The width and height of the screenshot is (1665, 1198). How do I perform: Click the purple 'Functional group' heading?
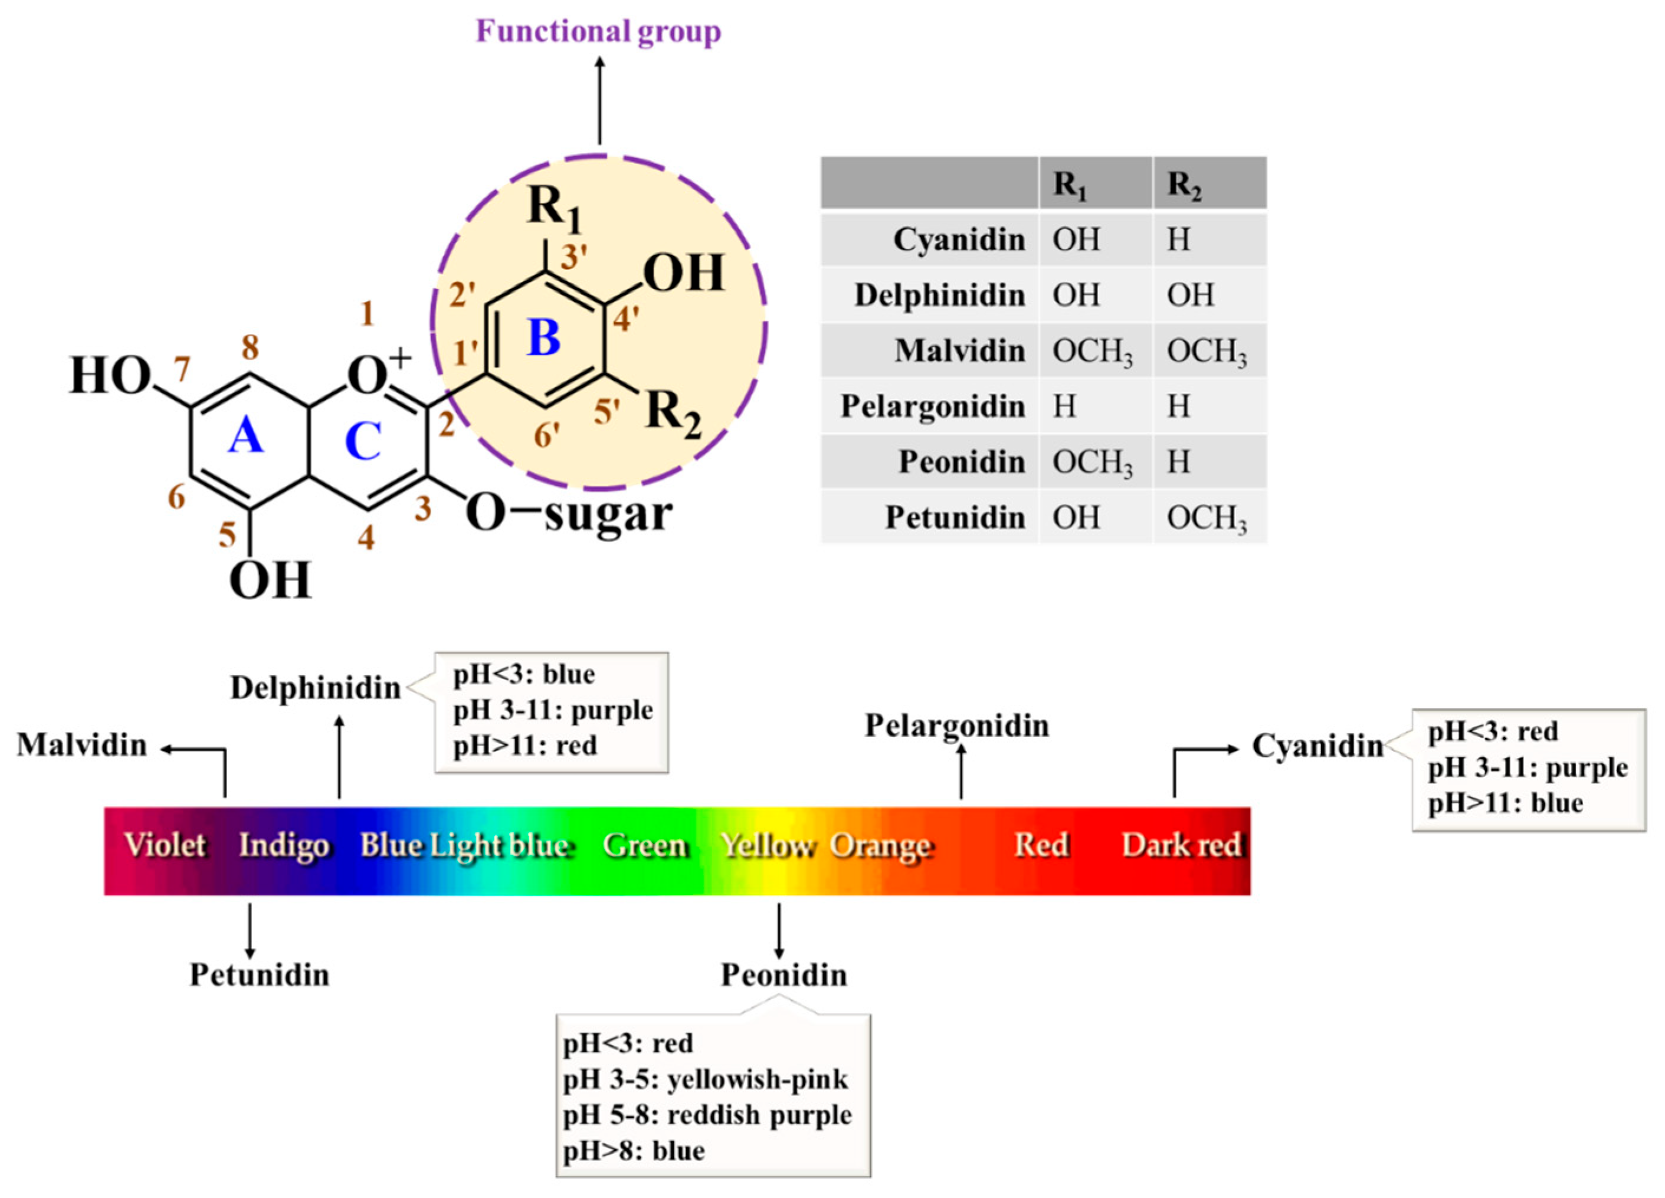pos(598,32)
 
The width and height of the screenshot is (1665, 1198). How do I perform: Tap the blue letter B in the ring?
pos(543,339)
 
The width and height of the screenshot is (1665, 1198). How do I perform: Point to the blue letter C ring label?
pos(363,442)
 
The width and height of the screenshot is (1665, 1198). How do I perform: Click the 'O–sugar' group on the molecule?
pos(569,514)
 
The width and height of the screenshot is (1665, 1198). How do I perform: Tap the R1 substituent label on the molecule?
pos(554,206)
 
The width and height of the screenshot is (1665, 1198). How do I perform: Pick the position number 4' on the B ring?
pos(625,319)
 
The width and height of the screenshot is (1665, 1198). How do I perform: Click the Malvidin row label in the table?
pos(959,351)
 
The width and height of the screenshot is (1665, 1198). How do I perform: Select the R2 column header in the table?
pos(1184,184)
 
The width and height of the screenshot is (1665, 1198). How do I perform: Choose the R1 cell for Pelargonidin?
pos(1064,406)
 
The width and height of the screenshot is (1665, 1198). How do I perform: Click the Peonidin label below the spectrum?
pos(784,976)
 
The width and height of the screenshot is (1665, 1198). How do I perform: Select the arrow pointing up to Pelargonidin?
pos(961,771)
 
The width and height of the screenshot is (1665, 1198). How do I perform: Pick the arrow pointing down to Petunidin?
pos(250,931)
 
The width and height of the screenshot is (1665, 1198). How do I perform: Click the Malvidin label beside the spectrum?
pos(81,745)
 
